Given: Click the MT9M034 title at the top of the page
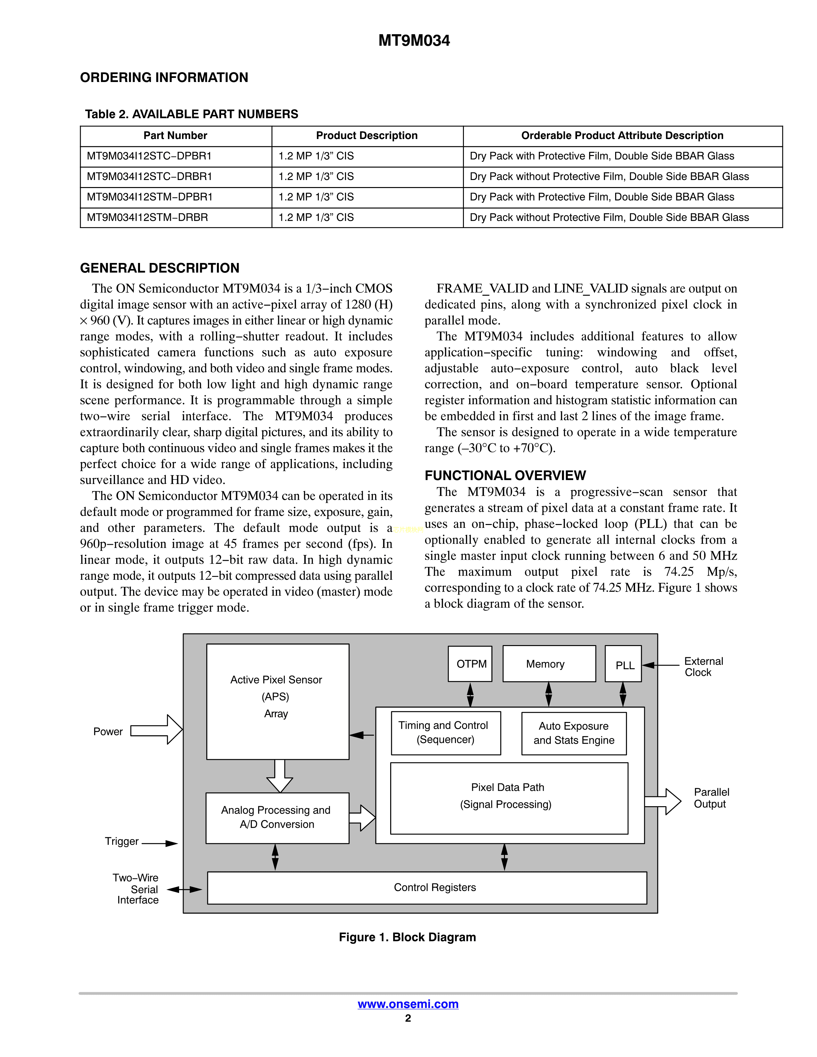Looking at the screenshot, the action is point(414,41).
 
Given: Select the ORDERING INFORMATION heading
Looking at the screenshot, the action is point(164,78).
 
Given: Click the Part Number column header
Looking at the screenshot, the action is point(175,135).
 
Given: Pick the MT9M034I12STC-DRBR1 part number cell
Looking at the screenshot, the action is point(150,177).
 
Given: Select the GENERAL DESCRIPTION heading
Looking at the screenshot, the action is point(160,268).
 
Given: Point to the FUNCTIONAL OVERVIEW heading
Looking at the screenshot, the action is point(505,475).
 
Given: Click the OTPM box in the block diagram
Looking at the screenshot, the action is point(470,664).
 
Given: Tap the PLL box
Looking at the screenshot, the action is point(623,664).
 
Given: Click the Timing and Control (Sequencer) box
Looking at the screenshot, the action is point(446,733).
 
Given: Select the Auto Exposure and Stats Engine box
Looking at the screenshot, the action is point(574,733).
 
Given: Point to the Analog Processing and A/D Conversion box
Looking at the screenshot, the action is point(277,818).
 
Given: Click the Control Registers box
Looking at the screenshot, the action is point(427,888).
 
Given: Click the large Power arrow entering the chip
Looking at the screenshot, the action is point(157,729).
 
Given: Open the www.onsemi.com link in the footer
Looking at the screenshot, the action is point(408,1004).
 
